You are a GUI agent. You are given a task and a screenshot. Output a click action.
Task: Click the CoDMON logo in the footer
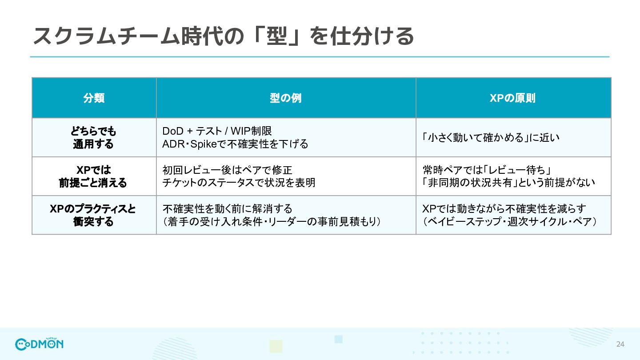[39, 344]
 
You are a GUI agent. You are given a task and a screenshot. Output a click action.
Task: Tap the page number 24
[620, 344]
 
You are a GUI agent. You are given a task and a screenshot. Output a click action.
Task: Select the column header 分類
[94, 98]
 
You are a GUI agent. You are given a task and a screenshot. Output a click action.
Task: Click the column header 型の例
[286, 98]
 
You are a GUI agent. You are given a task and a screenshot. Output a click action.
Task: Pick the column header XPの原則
[512, 98]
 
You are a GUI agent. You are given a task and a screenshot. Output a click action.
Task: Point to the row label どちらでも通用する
[93, 137]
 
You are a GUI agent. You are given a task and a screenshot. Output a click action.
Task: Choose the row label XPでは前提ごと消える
[93, 176]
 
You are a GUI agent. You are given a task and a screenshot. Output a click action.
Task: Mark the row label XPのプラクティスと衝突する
[93, 215]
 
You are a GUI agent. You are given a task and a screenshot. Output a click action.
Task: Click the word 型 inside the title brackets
[276, 36]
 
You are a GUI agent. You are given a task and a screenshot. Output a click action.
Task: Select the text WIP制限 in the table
[251, 131]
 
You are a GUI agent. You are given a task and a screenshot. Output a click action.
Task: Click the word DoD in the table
[172, 131]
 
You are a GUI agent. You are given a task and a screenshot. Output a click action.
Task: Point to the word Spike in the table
[204, 144]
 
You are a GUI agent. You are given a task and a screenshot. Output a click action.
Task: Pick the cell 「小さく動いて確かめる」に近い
[491, 138]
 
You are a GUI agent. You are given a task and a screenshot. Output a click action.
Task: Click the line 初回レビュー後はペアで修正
[228, 170]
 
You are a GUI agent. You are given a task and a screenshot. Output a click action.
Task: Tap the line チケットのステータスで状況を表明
[239, 183]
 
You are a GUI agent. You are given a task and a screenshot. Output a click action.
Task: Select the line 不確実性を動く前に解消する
[228, 209]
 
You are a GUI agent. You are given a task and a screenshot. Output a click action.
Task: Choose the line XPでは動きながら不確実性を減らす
[504, 209]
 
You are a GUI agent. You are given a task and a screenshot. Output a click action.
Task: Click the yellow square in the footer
[276, 346]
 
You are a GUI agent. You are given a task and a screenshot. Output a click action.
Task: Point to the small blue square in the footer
[339, 340]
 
